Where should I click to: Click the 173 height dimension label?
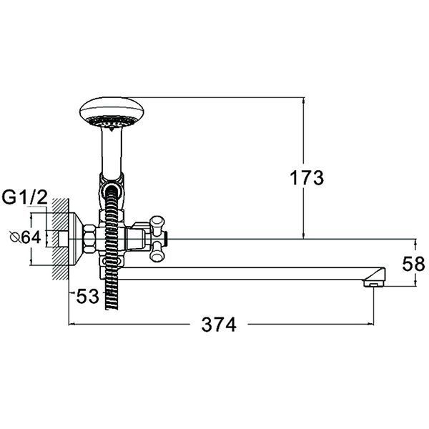tap(307, 178)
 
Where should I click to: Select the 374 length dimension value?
tap(219, 325)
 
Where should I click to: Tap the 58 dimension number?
tap(413, 264)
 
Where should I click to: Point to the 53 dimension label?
tap(87, 296)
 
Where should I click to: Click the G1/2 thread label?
tap(25, 197)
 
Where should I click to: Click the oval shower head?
tap(112, 112)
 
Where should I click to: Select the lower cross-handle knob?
tap(158, 251)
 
